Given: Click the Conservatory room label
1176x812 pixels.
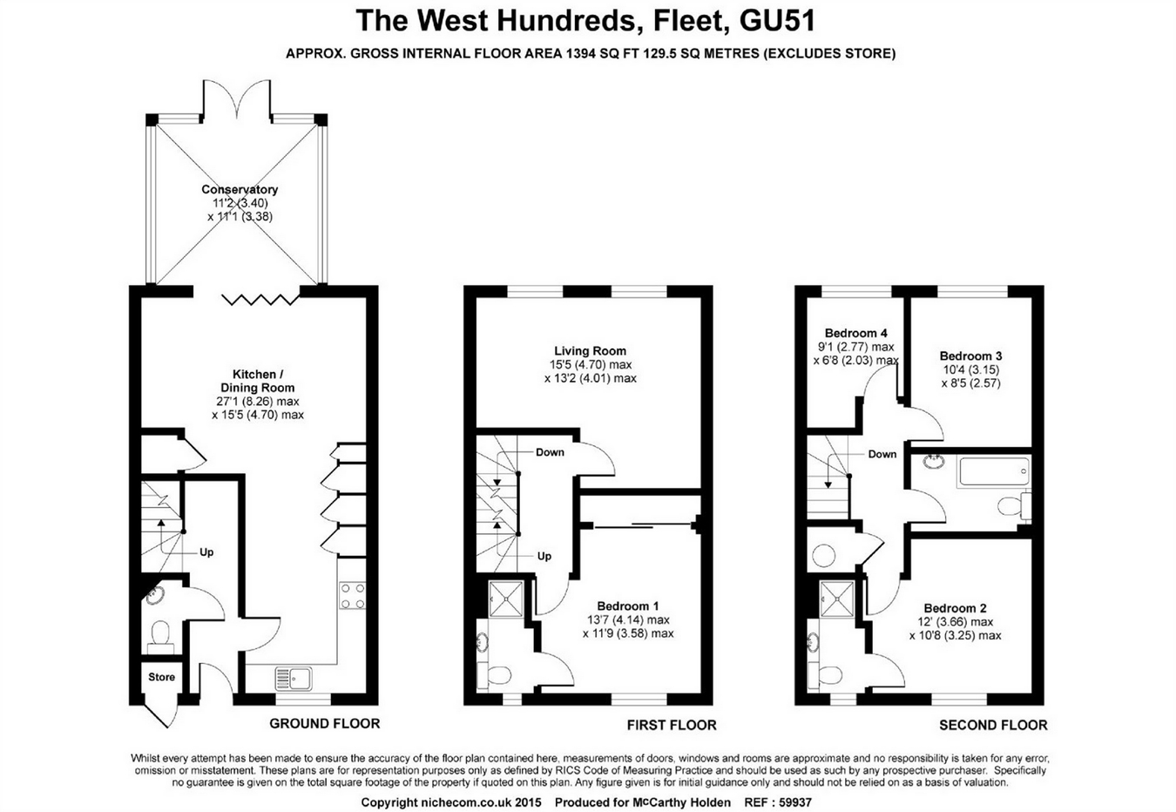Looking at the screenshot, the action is [x=240, y=189].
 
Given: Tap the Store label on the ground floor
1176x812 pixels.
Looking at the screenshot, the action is [x=161, y=677].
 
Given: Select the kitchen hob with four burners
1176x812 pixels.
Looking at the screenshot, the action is [x=353, y=596].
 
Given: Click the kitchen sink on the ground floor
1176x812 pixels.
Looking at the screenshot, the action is [x=294, y=677].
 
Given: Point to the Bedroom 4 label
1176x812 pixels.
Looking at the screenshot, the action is [x=856, y=333].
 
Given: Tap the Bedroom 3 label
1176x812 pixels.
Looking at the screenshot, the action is [x=970, y=355].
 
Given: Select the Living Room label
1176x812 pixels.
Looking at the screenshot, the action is [x=590, y=351].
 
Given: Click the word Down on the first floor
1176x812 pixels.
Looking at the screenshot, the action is [x=550, y=452].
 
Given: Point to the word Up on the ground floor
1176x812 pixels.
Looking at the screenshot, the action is [x=206, y=552].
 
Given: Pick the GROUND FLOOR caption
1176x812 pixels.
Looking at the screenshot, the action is [x=324, y=723].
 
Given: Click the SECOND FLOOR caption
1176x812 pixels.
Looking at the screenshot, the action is [x=993, y=725].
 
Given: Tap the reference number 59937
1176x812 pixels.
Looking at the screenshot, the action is [x=792, y=802].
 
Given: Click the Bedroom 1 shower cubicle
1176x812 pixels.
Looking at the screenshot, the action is [x=504, y=598].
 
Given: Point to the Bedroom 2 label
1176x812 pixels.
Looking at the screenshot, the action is [x=955, y=608].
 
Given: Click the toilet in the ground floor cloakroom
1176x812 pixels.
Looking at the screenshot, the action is [x=160, y=634].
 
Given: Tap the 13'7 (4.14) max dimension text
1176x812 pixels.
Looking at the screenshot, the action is [x=628, y=619].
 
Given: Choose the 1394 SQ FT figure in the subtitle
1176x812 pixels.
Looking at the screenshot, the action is [x=603, y=54].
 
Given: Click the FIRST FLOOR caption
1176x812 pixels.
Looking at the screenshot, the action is [x=672, y=725].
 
